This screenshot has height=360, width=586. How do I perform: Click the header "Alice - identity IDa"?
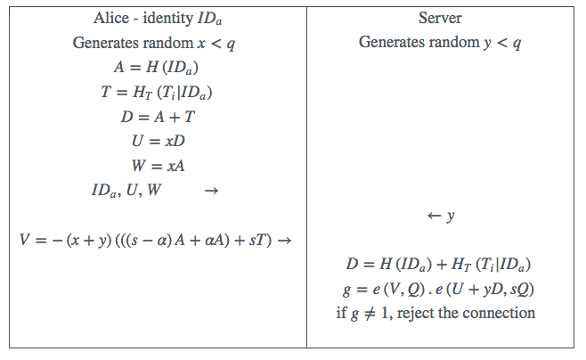pos(157,18)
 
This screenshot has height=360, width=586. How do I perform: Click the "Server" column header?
pos(442,18)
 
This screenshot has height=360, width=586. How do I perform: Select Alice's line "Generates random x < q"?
pos(157,43)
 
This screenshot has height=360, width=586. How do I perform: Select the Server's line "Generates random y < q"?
pos(442,43)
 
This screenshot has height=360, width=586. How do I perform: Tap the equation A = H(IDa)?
pos(157,67)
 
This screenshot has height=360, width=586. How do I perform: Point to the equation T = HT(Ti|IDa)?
pos(157,92)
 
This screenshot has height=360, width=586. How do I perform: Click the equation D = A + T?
pos(157,116)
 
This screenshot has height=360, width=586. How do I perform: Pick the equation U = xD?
pos(157,141)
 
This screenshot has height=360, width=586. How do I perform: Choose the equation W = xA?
pos(157,165)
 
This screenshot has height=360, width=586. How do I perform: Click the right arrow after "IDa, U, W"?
pos(211,190)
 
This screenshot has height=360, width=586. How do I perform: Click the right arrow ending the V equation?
pos(285,241)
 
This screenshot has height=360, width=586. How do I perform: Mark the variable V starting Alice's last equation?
pos(25,241)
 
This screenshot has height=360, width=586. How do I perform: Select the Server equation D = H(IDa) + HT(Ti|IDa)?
pos(442,265)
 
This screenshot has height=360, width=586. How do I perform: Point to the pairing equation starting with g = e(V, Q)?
pos(442,289)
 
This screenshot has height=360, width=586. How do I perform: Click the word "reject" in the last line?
pos(429,314)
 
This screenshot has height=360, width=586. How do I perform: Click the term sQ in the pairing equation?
pos(525,289)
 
